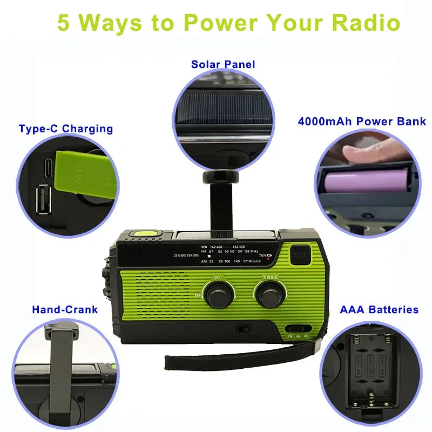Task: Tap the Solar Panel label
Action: pos(223,64)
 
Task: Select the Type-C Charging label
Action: pos(65,129)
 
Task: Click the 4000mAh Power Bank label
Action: pos(362,121)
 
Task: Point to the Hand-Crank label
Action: pos(65,309)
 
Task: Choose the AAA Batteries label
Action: pos(379,309)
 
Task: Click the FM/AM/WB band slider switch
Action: pos(298,328)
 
